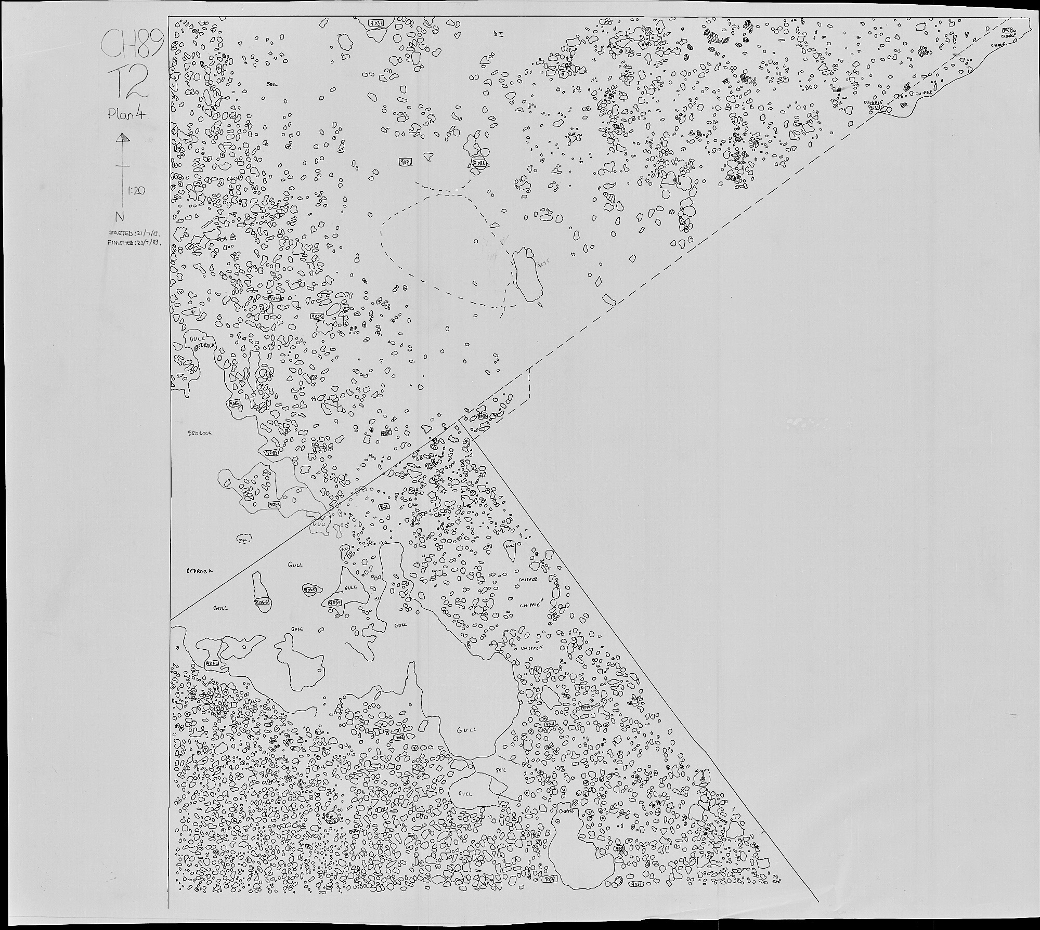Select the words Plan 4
point(128,115)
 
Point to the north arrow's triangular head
point(122,138)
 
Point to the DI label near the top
point(497,33)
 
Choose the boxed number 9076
point(275,298)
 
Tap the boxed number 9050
point(335,602)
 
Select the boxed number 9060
point(310,589)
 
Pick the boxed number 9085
point(271,453)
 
